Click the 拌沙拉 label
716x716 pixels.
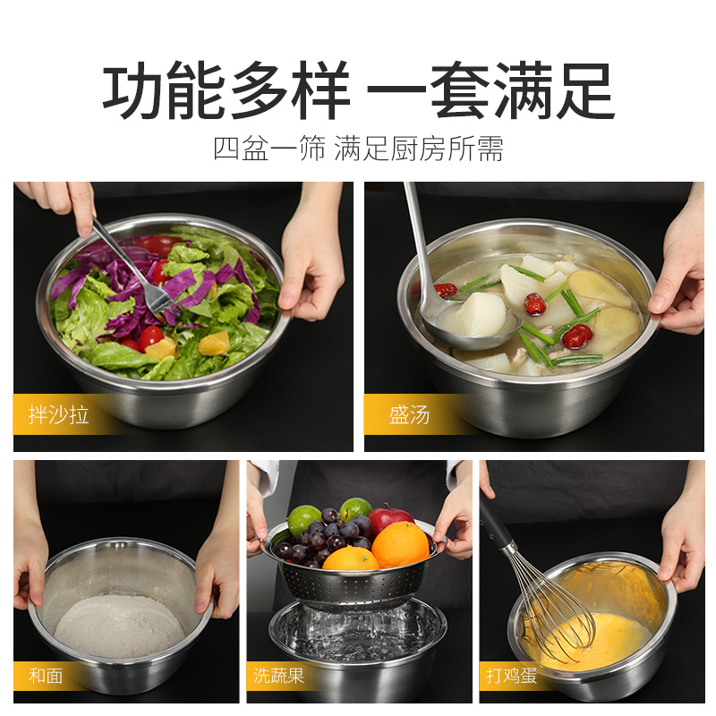[x=59, y=416]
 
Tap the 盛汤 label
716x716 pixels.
[x=409, y=416]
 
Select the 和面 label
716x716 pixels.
[x=46, y=676]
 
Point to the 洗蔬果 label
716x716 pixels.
[x=278, y=676]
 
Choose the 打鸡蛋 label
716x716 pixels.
[x=511, y=676]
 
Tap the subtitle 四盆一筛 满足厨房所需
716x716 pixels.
[x=358, y=149]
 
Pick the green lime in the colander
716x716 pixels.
[x=305, y=519]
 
